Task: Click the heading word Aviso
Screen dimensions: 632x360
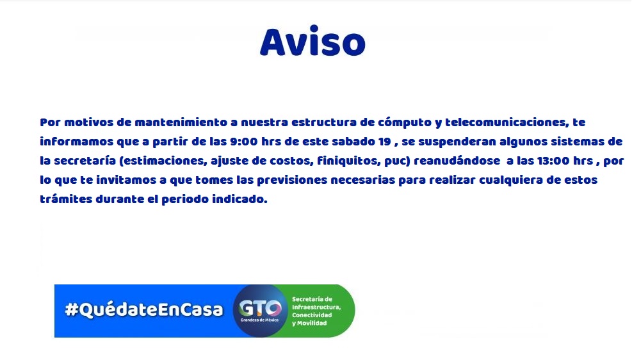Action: coord(312,42)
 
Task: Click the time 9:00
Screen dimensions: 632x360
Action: coord(244,142)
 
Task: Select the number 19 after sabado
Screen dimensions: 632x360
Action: coord(385,142)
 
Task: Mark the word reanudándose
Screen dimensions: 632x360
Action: coord(457,161)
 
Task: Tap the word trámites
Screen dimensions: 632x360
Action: coord(66,199)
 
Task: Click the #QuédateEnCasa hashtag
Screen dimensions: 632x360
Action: coord(144,309)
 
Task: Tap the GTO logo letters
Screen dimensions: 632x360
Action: coord(260,309)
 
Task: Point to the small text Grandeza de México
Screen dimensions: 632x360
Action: coord(259,320)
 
